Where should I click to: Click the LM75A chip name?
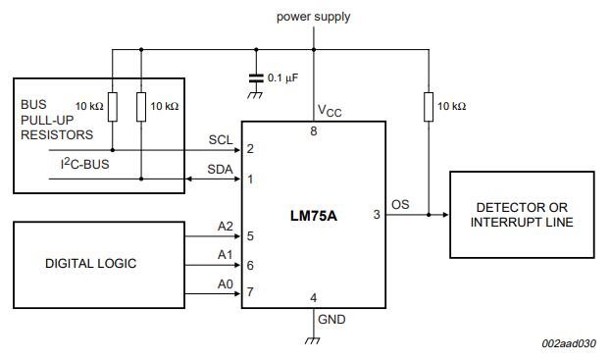[314, 215]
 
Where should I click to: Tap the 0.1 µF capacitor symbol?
[256, 77]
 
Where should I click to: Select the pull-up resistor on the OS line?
[429, 107]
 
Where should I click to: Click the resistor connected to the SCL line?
[113, 107]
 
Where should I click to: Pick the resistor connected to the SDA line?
[141, 107]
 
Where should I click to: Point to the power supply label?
[314, 17]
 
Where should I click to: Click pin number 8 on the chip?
[314, 131]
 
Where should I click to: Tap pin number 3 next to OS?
[377, 215]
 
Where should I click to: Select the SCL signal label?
[221, 139]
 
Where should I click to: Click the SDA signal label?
[221, 170]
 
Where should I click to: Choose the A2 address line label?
[226, 227]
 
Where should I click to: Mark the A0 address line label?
[226, 284]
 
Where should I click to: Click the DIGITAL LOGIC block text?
[90, 264]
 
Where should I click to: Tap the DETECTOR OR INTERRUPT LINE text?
[522, 215]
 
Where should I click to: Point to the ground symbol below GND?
[313, 340]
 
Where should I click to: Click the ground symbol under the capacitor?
[255, 95]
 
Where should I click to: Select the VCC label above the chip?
[330, 111]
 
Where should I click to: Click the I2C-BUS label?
[84, 164]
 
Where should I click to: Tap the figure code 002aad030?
[569, 343]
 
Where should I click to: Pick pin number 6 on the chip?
[250, 266]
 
